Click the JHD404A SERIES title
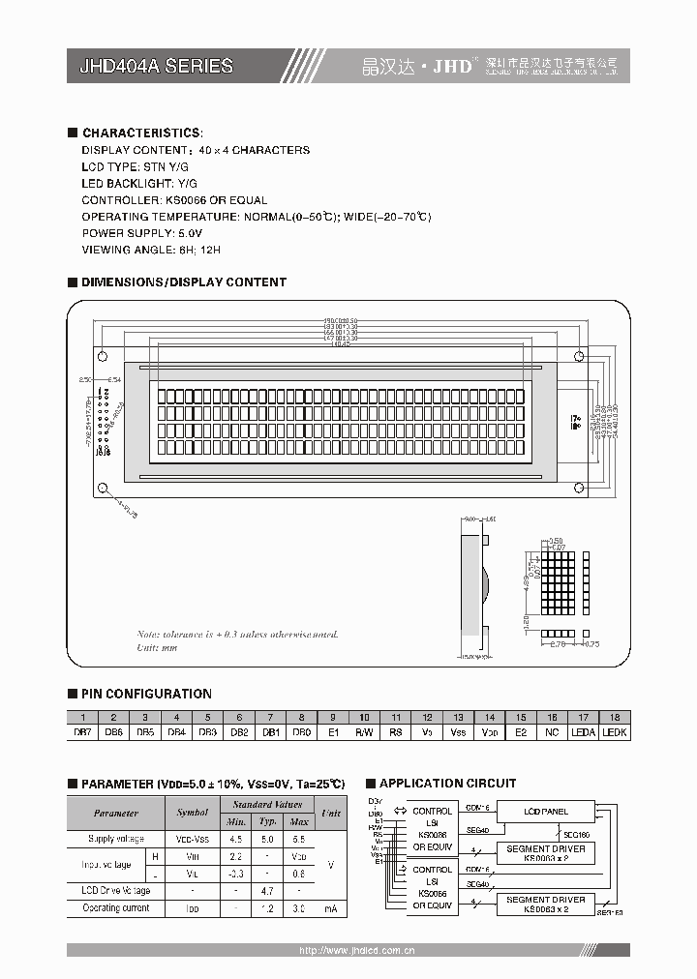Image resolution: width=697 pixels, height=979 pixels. pyautogui.click(x=156, y=66)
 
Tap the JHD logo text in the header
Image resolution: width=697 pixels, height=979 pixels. pyautogui.click(x=452, y=66)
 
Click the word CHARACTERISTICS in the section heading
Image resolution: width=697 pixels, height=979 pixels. pyautogui.click(x=142, y=133)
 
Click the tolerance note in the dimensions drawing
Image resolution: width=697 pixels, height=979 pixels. pyautogui.click(x=237, y=635)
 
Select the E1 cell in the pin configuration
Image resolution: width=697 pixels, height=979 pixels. pyautogui.click(x=333, y=732)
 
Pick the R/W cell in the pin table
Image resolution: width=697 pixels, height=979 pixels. pyautogui.click(x=364, y=732)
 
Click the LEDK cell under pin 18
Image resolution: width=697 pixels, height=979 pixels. pyautogui.click(x=615, y=732)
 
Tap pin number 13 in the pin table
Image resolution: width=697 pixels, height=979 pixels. pyautogui.click(x=458, y=718)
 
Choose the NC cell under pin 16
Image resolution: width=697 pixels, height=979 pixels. pyautogui.click(x=552, y=732)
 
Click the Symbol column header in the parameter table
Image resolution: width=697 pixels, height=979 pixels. pyautogui.click(x=193, y=814)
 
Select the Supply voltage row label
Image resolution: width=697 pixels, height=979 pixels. pyautogui.click(x=115, y=839)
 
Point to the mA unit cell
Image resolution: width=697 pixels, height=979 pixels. pyautogui.click(x=331, y=908)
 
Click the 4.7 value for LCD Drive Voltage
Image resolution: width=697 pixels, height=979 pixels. pyautogui.click(x=267, y=890)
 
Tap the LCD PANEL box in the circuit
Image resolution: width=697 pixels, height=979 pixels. pyautogui.click(x=546, y=812)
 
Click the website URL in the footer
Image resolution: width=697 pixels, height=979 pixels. pyautogui.click(x=357, y=951)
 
